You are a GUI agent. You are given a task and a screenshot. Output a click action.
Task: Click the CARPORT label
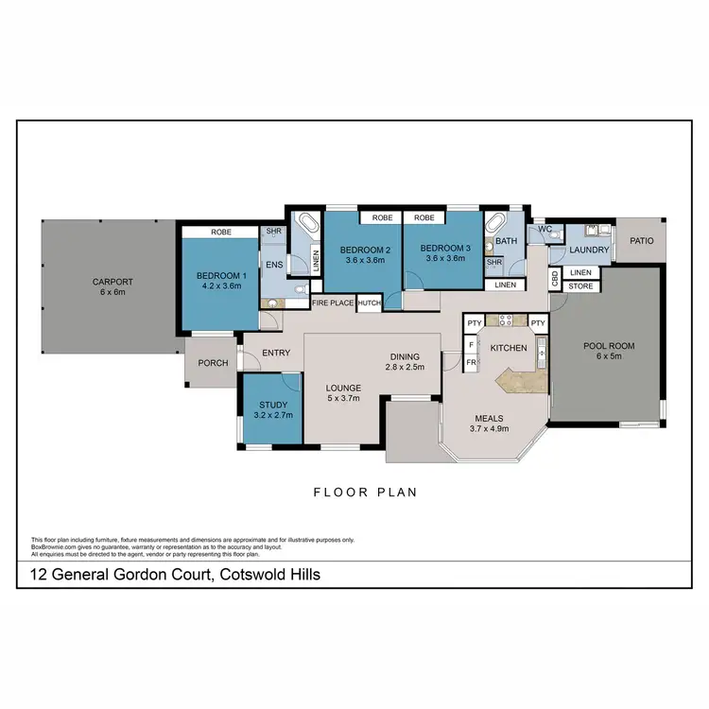(112, 282)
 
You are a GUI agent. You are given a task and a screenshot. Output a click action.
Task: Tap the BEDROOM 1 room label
(220, 276)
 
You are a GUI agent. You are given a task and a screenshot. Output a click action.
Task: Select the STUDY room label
(272, 406)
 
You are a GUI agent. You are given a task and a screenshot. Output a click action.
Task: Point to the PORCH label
(213, 362)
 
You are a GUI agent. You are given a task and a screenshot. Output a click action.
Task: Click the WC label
(545, 229)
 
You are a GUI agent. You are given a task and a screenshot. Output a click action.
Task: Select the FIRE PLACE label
(333, 303)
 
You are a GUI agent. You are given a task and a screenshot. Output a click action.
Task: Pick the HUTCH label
(369, 303)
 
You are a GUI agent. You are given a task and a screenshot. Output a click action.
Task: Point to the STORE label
(580, 285)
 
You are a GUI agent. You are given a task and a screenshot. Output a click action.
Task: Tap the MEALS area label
(489, 418)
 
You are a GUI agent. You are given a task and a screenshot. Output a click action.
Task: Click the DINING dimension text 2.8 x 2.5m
(406, 367)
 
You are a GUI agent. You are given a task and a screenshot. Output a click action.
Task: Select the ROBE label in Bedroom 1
(221, 232)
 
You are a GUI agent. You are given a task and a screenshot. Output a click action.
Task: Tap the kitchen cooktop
(500, 320)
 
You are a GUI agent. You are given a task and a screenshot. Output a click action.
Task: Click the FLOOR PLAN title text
(366, 492)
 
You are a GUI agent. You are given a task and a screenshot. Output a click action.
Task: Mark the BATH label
(507, 241)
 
